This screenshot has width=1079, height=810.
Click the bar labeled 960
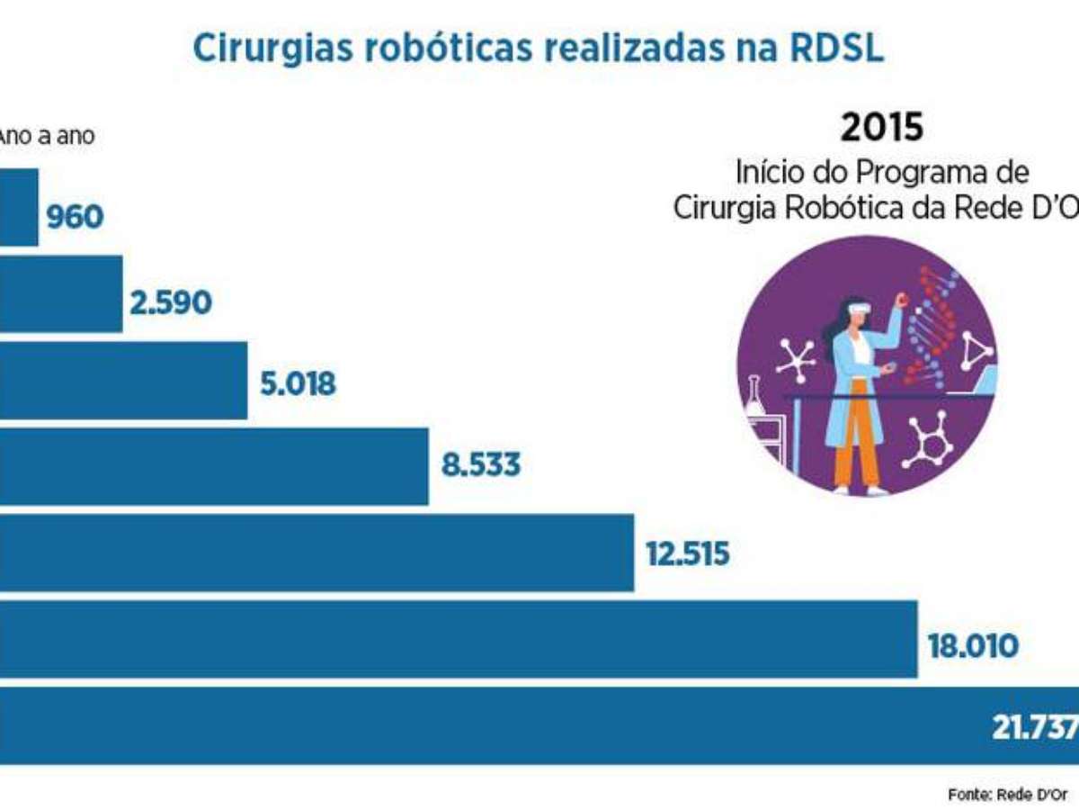[18, 207]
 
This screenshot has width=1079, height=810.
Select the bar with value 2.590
[60, 293]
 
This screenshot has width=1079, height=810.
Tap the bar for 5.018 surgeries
[123, 380]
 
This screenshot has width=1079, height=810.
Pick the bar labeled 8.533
[214, 466]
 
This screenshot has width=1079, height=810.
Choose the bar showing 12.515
[317, 553]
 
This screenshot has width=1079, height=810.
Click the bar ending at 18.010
[459, 639]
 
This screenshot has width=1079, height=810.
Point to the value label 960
[76, 217]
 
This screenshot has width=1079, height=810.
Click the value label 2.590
[171, 303]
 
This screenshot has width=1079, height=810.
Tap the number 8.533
[480, 466]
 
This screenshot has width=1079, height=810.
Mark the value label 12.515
[687, 553]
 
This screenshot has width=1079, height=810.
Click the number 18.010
[975, 645]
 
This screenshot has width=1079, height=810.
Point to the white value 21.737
[1034, 727]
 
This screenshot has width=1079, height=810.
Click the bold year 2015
[881, 128]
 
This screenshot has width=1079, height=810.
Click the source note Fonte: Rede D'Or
[1007, 795]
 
